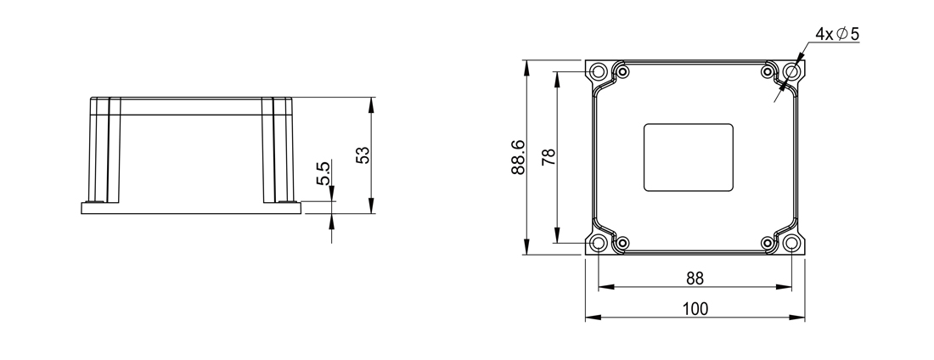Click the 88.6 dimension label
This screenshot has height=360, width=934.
(x=518, y=157)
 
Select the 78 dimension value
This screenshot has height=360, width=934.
(x=549, y=157)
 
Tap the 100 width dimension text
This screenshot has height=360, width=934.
(x=695, y=309)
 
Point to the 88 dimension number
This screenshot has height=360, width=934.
(x=695, y=278)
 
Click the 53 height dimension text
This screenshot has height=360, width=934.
(x=363, y=155)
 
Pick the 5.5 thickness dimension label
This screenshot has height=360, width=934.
(x=323, y=173)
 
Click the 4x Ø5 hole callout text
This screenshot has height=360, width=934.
(x=837, y=35)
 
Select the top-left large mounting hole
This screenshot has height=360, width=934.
(x=598, y=72)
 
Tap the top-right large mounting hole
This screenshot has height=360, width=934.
(x=791, y=72)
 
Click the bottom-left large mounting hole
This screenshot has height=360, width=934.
(x=598, y=243)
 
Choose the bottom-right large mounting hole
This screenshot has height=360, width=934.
(x=791, y=243)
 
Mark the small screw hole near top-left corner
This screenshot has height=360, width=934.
(x=622, y=72)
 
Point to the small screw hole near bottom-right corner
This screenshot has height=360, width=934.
(x=768, y=243)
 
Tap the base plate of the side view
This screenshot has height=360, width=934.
(x=190, y=208)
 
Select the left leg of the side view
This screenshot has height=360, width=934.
(x=104, y=149)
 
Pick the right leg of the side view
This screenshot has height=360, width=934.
(x=278, y=149)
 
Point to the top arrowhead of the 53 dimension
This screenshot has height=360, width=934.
(x=371, y=105)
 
